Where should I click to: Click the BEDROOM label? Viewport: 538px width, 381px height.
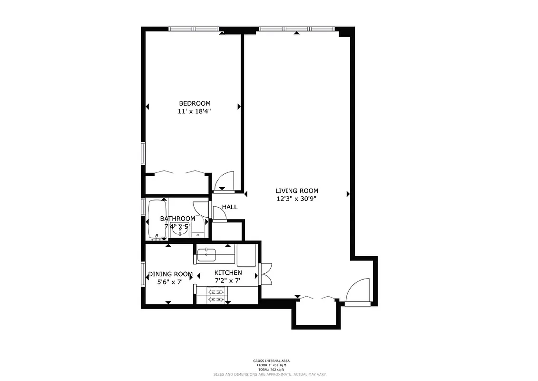coord(195,103)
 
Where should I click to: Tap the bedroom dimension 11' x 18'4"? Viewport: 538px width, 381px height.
coord(195,111)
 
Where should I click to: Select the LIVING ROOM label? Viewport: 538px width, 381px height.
coord(296,191)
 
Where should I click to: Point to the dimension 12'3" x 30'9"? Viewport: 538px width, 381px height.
coord(296,199)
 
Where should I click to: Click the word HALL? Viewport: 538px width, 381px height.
coord(230,207)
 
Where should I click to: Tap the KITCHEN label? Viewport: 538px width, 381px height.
coord(228,272)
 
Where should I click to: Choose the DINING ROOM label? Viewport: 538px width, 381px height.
coord(170,274)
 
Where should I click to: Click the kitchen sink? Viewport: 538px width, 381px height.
coord(206,255)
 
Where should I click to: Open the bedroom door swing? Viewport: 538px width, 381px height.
coord(223,181)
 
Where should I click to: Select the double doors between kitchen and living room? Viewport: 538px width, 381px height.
coord(265,273)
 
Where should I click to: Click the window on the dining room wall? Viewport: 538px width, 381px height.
coord(143,274)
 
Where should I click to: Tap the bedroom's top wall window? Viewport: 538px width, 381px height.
coord(194,29)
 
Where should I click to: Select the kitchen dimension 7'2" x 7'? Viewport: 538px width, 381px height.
coord(228,281)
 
